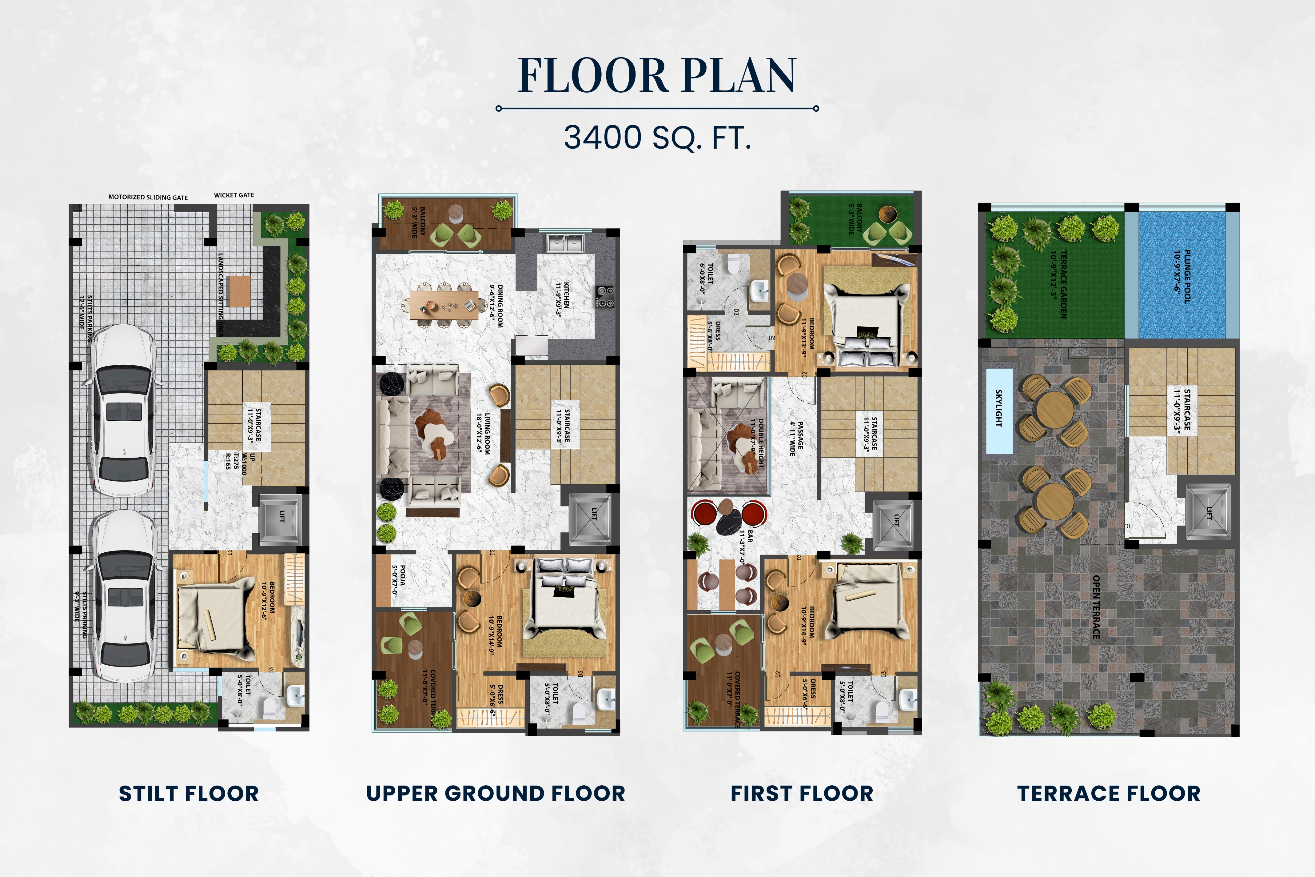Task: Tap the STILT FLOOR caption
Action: (189, 794)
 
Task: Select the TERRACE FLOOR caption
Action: (1109, 794)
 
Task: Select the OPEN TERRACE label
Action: (1096, 607)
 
